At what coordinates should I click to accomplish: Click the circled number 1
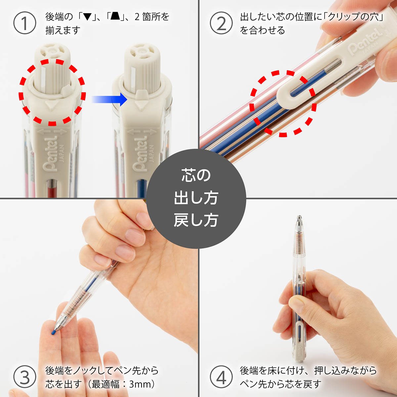click(x=25, y=23)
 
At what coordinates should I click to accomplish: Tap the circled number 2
click(x=221, y=23)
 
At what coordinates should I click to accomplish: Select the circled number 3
click(x=25, y=377)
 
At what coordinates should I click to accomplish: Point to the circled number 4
click(x=221, y=377)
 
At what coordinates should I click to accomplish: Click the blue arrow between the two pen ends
click(x=110, y=99)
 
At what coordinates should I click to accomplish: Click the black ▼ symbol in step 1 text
click(x=88, y=17)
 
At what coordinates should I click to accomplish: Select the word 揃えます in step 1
click(x=63, y=30)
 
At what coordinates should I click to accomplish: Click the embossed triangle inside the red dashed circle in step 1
click(x=51, y=106)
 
